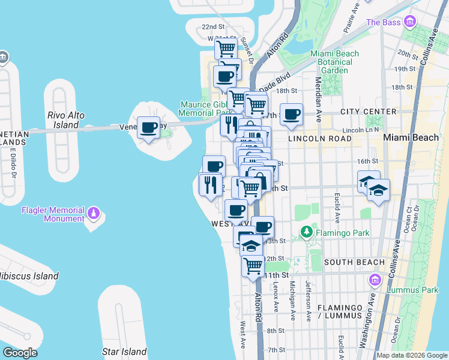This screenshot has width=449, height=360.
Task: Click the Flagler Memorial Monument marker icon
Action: pos(93,213)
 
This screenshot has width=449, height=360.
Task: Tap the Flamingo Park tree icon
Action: pos(306,232)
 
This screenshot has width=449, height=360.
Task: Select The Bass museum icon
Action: pos(411,22)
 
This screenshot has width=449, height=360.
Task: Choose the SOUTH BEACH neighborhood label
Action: pos(354,262)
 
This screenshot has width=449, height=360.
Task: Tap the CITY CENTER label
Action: pos(368,112)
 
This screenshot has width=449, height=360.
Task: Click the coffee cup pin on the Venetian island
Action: pos(148,127)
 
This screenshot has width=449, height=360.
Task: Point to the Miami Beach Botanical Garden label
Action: pos(335,62)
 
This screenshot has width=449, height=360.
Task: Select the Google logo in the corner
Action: pos(20,353)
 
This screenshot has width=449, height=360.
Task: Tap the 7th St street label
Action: pos(276,350)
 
